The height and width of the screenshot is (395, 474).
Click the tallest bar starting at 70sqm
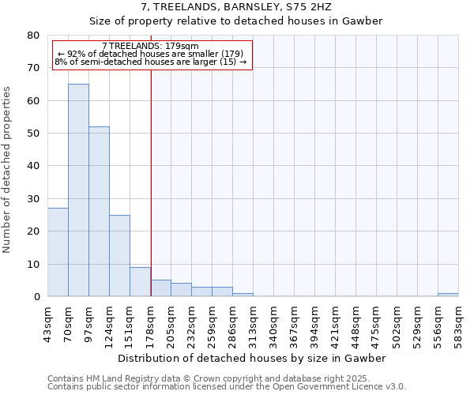78,190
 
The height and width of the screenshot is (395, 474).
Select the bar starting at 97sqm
99,211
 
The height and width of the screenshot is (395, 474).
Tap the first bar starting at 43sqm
58,252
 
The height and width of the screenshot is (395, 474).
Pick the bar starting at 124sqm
119,255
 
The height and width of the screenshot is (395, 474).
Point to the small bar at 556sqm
448,295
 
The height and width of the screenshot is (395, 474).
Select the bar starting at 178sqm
160,288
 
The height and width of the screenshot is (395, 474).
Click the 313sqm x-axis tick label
253,322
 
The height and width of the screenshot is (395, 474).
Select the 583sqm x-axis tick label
458,322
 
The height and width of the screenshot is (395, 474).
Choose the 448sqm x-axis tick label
355,322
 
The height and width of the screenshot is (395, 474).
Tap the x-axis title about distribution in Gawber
252,358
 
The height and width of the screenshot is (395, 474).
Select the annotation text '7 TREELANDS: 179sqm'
151,47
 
